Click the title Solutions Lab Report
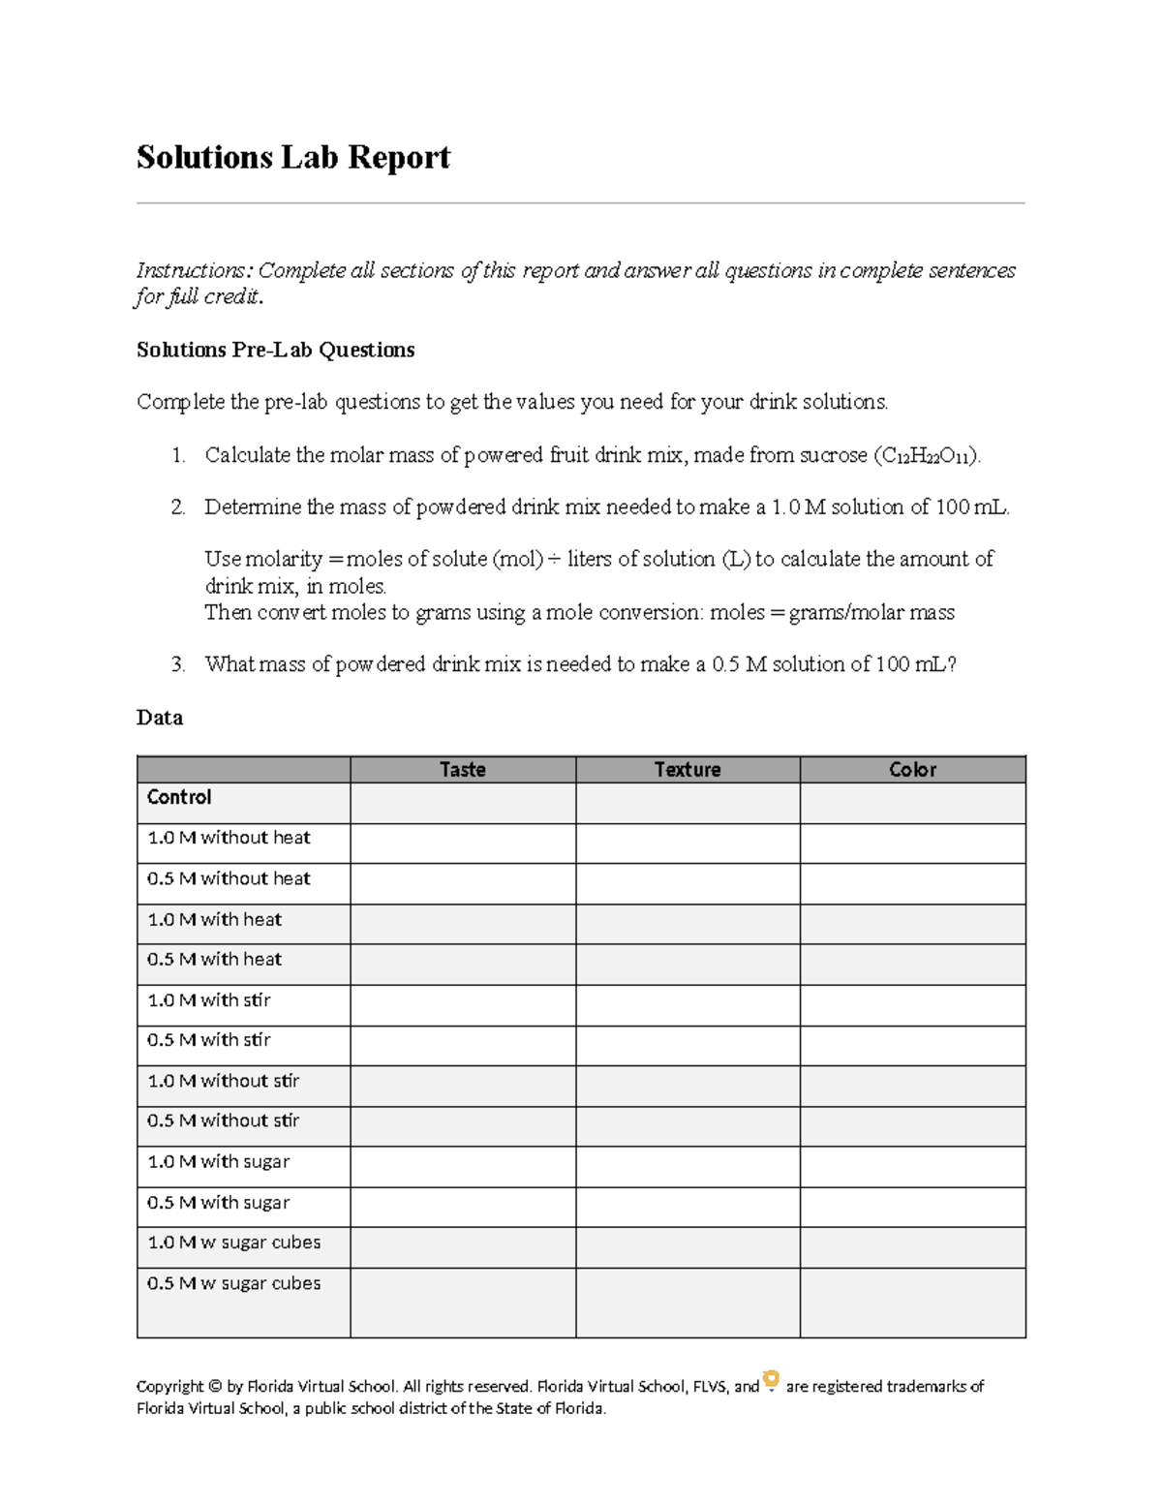coord(292,157)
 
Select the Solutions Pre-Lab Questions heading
coord(275,350)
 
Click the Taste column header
coord(462,769)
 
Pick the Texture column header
coord(687,769)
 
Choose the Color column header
coord(912,769)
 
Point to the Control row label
coord(179,797)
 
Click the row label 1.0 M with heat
coord(214,919)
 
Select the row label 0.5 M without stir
coord(223,1120)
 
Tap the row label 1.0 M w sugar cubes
coord(233,1243)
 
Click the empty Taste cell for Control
coord(462,804)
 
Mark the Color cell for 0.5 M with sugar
coord(912,1207)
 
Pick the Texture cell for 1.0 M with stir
coord(687,1005)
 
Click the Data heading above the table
coord(160,718)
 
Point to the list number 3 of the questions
coord(177,664)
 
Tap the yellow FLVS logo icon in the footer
coord(772,1380)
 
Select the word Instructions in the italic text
coord(193,270)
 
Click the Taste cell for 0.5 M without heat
coord(462,883)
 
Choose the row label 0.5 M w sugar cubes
coord(233,1283)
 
